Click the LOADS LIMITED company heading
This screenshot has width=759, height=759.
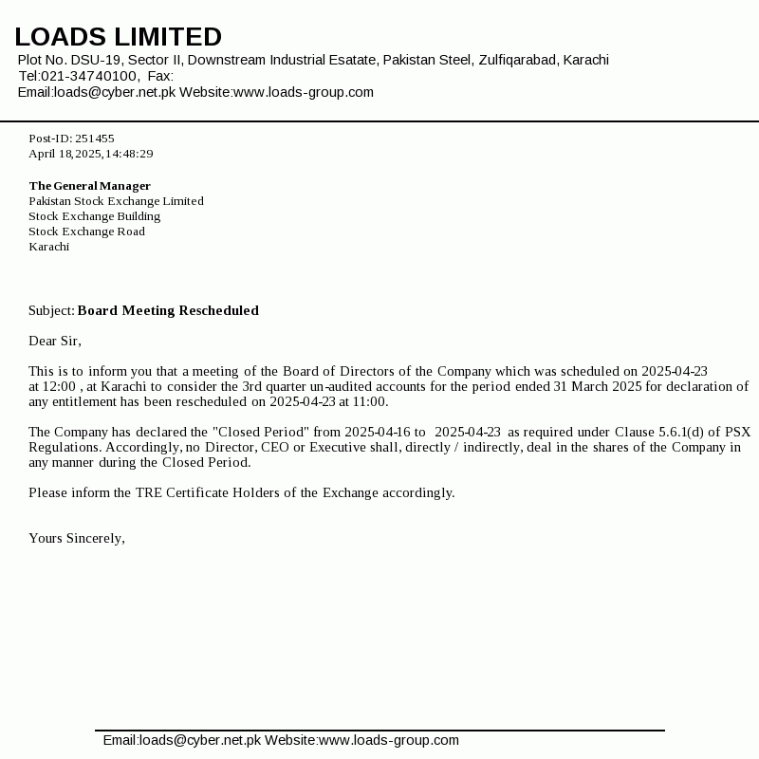point(118,37)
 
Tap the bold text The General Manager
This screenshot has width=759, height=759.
point(89,186)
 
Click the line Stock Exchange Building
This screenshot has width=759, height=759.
point(94,216)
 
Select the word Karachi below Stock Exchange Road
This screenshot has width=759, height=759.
point(48,247)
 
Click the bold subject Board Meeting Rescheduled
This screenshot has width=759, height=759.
point(168,310)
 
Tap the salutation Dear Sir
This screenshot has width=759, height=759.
point(55,341)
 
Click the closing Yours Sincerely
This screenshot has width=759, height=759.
point(76,538)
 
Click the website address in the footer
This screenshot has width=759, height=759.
point(389,740)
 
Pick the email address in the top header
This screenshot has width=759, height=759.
point(115,92)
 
